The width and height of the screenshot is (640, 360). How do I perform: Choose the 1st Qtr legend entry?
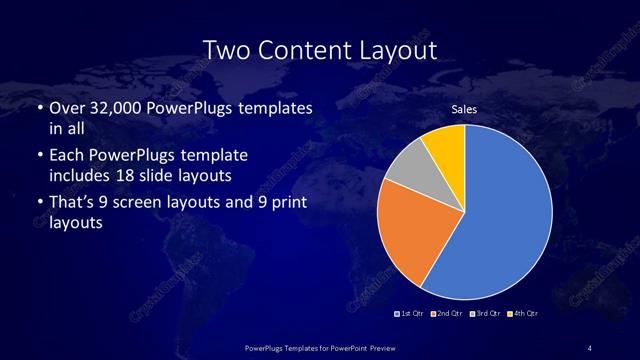410,314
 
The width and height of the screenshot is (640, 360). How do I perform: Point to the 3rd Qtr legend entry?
484,314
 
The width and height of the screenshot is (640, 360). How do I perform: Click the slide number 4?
590,347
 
